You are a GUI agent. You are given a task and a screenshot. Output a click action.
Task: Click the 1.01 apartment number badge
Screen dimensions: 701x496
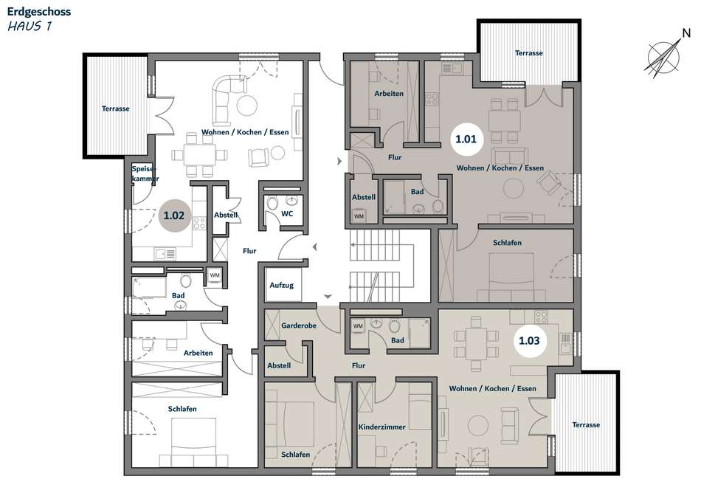pyautogui.click(x=466, y=139)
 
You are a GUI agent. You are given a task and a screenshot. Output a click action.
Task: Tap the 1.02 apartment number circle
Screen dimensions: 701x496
pyautogui.click(x=174, y=216)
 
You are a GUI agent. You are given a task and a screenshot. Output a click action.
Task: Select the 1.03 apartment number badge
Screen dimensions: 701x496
pyautogui.click(x=529, y=341)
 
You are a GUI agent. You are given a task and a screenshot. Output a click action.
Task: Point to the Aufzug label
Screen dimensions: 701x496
pyautogui.click(x=282, y=285)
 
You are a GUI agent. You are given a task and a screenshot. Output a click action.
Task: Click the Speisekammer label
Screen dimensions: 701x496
pyautogui.click(x=145, y=173)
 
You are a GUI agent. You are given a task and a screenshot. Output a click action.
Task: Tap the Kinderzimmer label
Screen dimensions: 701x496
pyautogui.click(x=381, y=427)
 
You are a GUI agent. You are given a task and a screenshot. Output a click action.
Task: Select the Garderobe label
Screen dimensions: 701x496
pyautogui.click(x=299, y=325)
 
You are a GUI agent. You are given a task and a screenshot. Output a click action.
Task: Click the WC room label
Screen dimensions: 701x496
pyautogui.click(x=287, y=214)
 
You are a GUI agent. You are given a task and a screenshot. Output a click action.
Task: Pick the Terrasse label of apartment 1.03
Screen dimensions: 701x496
pyautogui.click(x=586, y=425)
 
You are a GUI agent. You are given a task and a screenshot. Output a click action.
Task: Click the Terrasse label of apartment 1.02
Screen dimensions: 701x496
pyautogui.click(x=115, y=108)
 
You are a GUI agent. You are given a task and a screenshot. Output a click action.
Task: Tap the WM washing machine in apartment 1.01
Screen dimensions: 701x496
pyautogui.click(x=359, y=216)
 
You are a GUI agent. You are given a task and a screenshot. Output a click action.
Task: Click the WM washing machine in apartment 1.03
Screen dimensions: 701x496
pyautogui.click(x=358, y=326)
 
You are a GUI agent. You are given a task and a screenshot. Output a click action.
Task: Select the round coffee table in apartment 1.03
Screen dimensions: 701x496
pyautogui.click(x=478, y=425)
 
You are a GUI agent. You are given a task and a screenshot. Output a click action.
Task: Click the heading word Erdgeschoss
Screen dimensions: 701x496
pyautogui.click(x=39, y=12)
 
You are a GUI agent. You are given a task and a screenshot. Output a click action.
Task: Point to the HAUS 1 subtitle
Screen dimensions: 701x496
pyautogui.click(x=30, y=26)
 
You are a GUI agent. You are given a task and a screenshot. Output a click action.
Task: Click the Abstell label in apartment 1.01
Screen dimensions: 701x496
pyautogui.click(x=364, y=197)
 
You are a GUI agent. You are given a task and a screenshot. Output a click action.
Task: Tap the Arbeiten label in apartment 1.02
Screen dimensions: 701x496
pyautogui.click(x=198, y=353)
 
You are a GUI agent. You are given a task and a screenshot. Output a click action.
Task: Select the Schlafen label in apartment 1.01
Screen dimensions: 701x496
pyautogui.click(x=507, y=242)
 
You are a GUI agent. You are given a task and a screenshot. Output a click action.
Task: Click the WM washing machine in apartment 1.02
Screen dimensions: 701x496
pyautogui.click(x=215, y=275)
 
